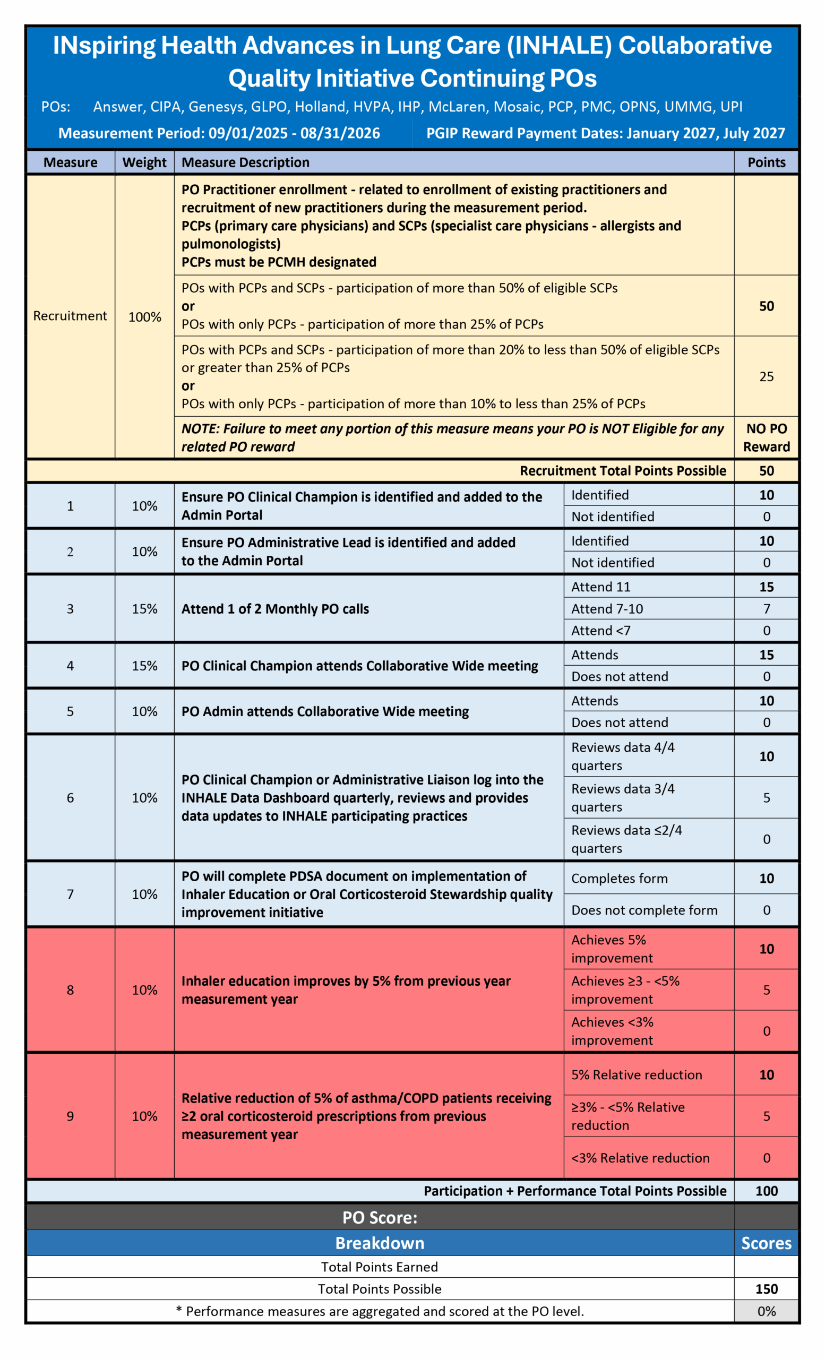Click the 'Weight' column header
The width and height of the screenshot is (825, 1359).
pos(144,162)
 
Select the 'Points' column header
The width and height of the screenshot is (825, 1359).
pos(766,162)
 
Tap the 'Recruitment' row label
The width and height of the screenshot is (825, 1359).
pos(70,316)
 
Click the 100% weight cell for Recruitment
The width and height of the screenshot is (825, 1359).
pos(144,317)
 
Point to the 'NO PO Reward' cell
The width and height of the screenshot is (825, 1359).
pos(766,437)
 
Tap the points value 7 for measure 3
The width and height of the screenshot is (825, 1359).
pos(766,609)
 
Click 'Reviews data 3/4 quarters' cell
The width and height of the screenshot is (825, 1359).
pos(623,797)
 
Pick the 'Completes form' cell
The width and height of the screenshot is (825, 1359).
pos(619,878)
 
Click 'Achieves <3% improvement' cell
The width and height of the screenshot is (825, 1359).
pos(612,1031)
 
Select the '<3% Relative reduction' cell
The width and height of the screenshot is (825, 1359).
pos(640,1158)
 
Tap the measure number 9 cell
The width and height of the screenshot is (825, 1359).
pos(70,1116)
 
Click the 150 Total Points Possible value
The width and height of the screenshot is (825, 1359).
pos(766,1289)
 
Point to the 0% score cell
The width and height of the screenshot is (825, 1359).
pos(766,1311)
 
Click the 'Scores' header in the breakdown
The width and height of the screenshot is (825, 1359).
pos(766,1243)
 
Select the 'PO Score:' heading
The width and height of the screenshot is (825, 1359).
pos(380,1217)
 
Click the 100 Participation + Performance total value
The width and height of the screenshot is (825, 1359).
pos(766,1191)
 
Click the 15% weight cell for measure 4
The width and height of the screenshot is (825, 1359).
pos(144,666)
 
